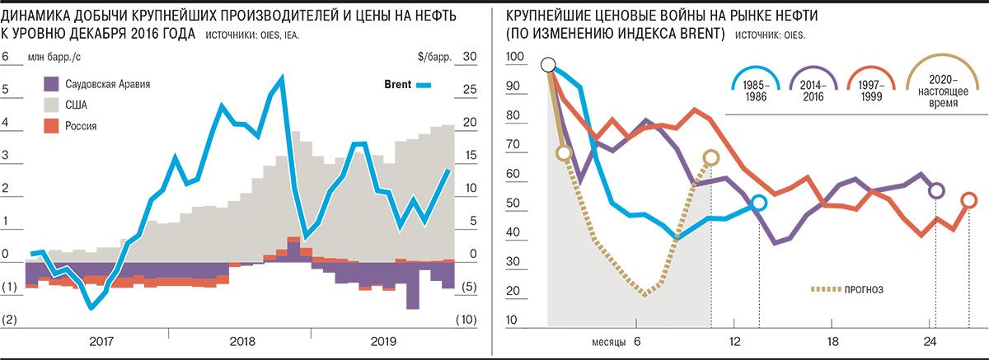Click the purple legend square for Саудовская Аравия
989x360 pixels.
pos(50,83)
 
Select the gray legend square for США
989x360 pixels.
pos(50,105)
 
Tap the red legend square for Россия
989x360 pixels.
pos(50,125)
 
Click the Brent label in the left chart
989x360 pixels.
pos(398,84)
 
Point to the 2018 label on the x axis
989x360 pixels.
pos(241,341)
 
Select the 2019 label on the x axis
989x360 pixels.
pos(383,341)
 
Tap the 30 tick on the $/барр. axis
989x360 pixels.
pos(471,57)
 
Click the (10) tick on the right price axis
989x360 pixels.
pos(467,320)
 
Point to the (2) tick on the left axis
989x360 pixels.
pos(10,320)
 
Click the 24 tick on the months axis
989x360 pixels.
pos(930,341)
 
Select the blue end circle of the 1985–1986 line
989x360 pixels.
pos(759,203)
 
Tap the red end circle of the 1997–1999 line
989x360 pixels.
pos(969,199)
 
